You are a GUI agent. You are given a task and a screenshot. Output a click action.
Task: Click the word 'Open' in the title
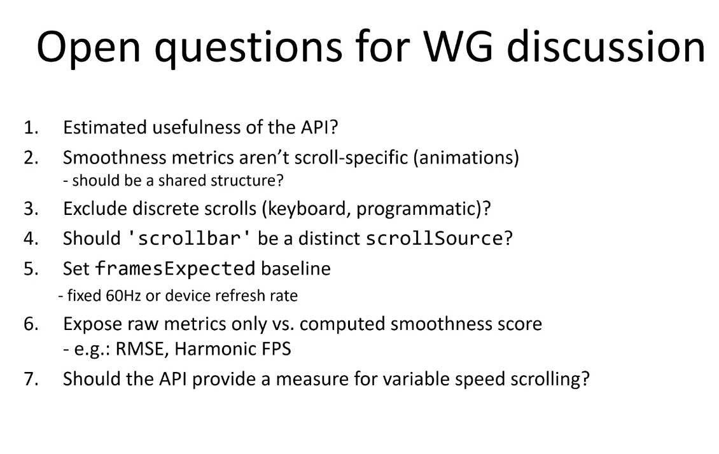88,48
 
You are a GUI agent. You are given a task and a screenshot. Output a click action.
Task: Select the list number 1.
31,127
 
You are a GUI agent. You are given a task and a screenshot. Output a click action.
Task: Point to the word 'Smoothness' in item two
114,157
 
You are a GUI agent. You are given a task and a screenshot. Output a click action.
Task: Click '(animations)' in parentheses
466,158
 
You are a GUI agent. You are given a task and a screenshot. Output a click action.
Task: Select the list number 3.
31,209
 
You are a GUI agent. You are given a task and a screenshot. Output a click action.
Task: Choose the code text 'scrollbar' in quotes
189,238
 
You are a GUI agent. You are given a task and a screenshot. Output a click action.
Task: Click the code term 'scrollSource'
434,238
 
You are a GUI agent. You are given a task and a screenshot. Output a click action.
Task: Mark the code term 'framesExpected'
175,268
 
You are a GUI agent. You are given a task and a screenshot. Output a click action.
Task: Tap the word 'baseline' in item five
296,268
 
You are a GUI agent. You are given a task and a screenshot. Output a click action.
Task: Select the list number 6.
31,324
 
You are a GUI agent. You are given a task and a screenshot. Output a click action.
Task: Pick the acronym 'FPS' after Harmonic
276,349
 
